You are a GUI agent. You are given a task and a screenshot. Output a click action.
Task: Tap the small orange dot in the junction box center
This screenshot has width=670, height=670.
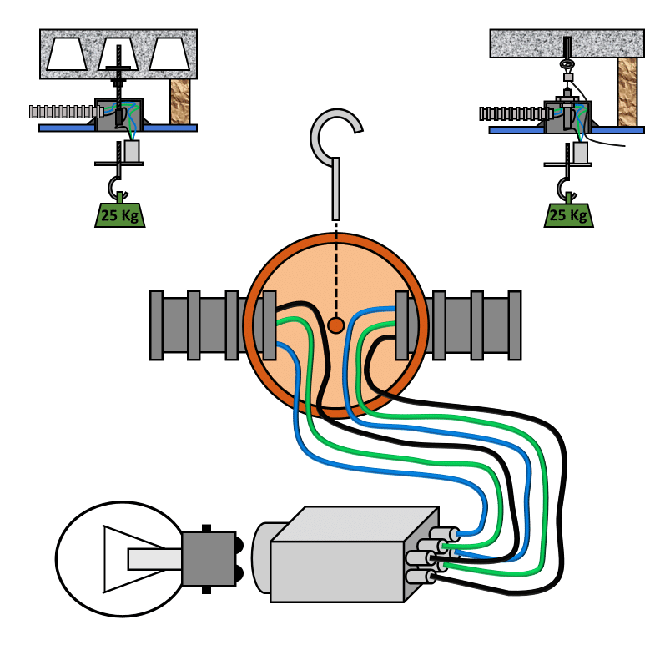point(336,325)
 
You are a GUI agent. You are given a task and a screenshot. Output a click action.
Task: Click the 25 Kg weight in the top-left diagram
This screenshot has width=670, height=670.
point(119,215)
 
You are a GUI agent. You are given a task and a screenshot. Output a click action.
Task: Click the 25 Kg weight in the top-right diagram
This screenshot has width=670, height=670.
point(569,215)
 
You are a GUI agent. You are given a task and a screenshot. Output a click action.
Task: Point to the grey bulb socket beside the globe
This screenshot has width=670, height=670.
point(209,559)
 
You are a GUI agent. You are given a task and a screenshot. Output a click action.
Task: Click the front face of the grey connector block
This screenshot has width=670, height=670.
point(337,572)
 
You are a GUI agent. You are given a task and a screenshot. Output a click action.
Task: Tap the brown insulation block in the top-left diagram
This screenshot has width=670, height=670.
point(180,102)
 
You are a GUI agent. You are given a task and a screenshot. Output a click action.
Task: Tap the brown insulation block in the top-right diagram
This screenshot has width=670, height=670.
point(627,92)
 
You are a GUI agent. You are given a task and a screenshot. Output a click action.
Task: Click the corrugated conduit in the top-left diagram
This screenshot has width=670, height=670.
point(66,112)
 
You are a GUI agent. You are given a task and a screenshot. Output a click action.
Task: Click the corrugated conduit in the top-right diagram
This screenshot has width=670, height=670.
point(516,113)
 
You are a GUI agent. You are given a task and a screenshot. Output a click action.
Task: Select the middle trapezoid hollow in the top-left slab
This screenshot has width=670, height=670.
point(118,54)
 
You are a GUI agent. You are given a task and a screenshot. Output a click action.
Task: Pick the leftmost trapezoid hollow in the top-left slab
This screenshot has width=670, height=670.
point(67,54)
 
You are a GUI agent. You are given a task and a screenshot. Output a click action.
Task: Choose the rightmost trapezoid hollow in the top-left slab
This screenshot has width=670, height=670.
point(169,54)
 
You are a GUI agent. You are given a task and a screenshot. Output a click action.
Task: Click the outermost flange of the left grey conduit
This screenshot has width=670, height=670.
point(156,325)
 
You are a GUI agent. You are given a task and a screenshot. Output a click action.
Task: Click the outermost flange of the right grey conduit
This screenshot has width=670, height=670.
point(515,325)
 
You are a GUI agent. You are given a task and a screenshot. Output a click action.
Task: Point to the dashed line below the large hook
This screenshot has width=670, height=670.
point(336,270)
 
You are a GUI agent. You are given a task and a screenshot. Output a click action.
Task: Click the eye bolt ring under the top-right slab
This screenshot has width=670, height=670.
point(567,64)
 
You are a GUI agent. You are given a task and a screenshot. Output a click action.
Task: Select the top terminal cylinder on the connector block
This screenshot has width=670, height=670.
point(445,534)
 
